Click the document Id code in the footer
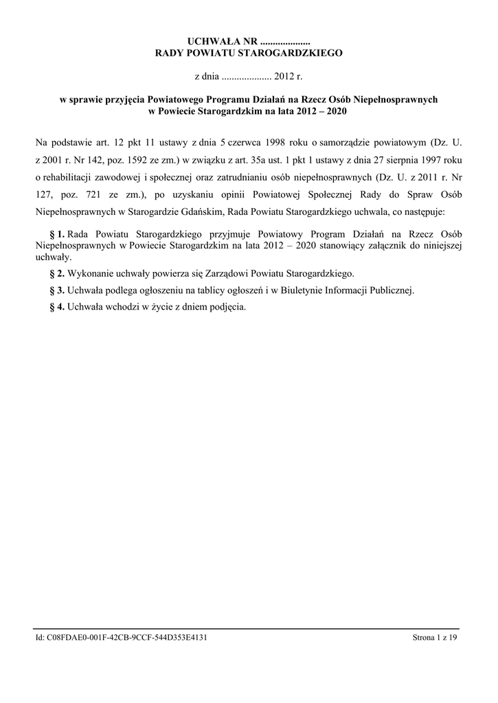pyautogui.click(x=122, y=638)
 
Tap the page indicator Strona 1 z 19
pyautogui.click(x=435, y=638)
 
